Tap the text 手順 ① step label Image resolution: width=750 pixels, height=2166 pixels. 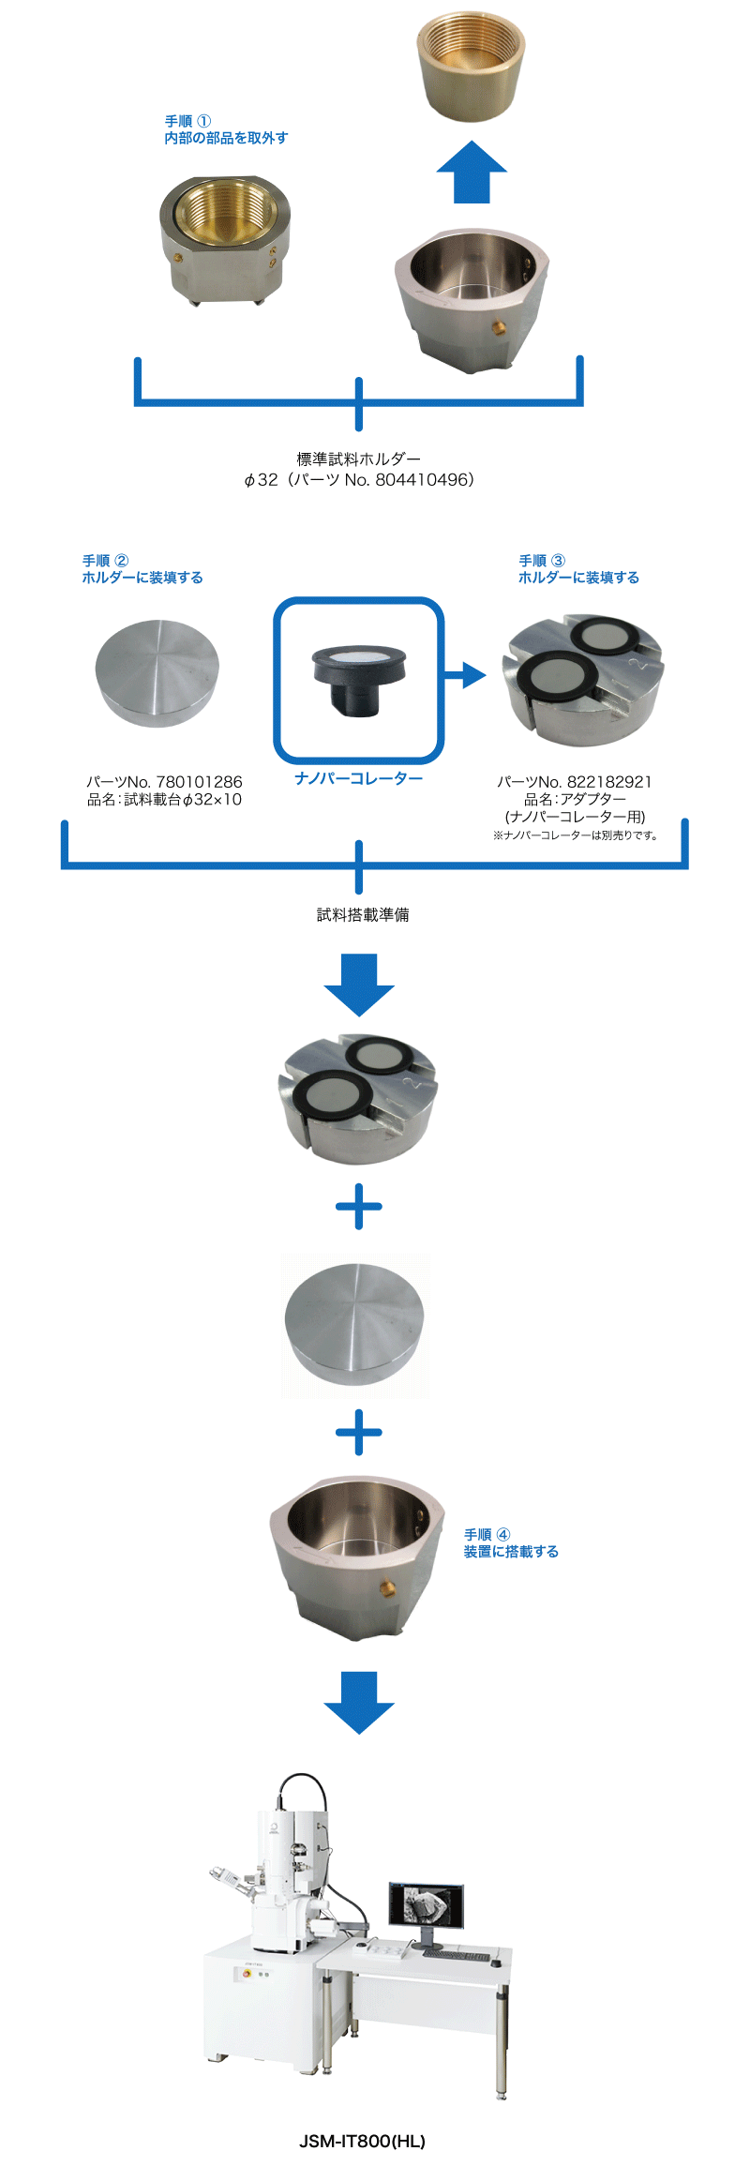187,121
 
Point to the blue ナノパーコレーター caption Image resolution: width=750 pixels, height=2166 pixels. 358,778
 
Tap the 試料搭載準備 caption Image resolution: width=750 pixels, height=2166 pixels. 363,914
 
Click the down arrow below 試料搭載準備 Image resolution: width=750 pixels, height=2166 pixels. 359,985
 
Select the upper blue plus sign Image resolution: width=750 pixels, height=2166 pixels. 359,1207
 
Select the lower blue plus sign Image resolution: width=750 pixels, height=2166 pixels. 359,1432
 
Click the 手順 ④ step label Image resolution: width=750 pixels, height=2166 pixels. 487,1535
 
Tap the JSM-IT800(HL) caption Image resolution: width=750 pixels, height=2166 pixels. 362,2141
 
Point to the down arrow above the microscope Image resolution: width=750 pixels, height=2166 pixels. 359,1702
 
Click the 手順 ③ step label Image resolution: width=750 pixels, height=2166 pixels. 542,561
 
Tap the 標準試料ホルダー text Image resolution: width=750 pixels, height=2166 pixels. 359,459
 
